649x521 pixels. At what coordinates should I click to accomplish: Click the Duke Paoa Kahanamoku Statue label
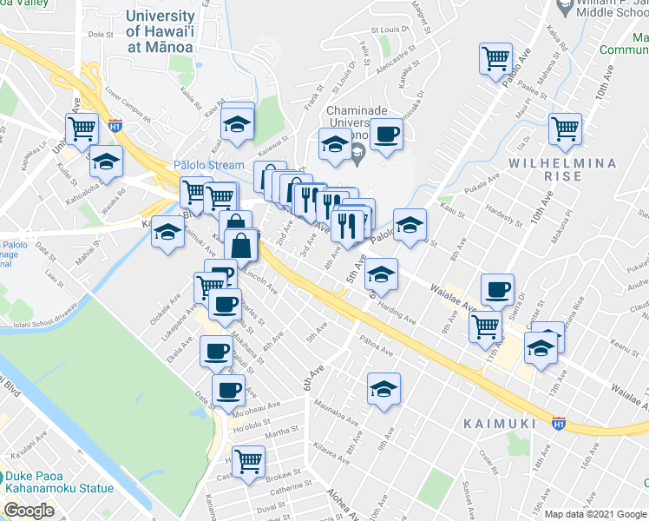58,482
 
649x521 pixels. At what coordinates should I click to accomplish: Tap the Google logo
29,511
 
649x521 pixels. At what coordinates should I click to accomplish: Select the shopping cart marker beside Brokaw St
249,459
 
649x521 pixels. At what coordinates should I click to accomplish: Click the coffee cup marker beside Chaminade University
387,135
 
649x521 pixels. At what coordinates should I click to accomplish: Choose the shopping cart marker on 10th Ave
565,129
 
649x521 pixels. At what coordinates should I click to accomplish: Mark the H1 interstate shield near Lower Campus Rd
115,125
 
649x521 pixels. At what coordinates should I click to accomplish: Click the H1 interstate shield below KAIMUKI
558,423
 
